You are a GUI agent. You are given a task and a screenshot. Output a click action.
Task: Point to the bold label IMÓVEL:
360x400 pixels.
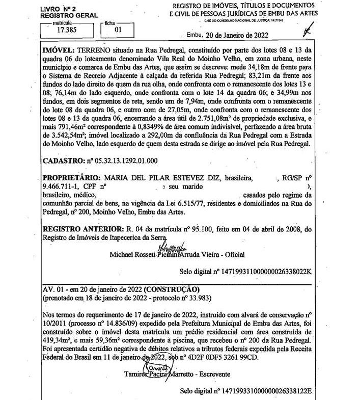pyautogui.click(x=58, y=51)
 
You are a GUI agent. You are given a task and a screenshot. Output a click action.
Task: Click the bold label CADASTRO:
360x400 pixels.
pyautogui.click(x=64, y=160)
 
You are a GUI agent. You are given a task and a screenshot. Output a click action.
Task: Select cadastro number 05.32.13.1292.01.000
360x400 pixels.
pyautogui.click(x=122, y=160)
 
